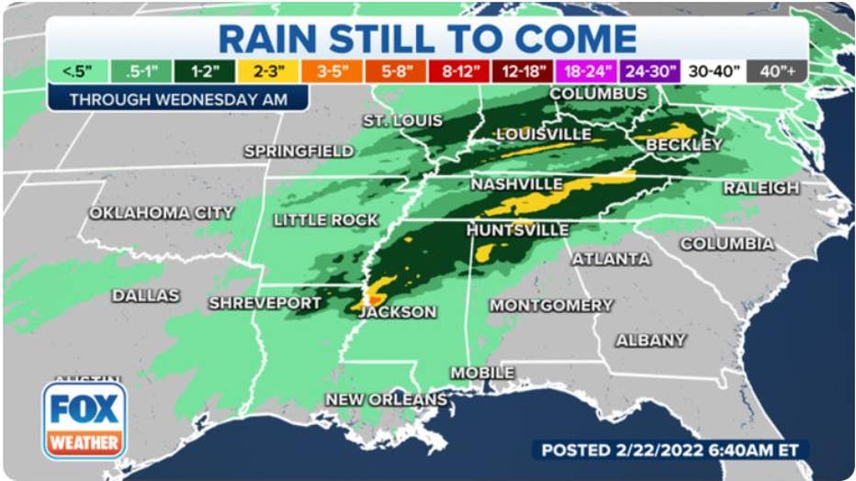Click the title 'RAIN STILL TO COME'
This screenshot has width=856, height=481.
pos(427,38)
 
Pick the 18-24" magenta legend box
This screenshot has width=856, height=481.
pos(586,72)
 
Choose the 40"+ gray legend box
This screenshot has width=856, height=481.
pos(777,72)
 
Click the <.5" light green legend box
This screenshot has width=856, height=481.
pos(77,72)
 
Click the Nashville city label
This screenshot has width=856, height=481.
pos(516,185)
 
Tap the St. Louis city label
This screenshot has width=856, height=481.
pos(402,121)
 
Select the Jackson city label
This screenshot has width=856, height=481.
pos(398,312)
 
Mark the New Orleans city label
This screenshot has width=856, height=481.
pos(387,399)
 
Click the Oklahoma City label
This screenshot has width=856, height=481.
pos(162,213)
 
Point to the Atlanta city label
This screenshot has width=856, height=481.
pos(612,259)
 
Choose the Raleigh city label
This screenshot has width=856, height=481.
pos(760,188)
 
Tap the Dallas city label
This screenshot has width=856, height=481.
pos(146,296)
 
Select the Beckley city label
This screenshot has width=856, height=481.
pos(684,145)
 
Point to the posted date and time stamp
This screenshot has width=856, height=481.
pos(671,450)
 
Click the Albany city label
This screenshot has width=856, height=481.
pos(651,341)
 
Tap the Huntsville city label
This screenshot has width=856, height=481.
pos(518,230)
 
